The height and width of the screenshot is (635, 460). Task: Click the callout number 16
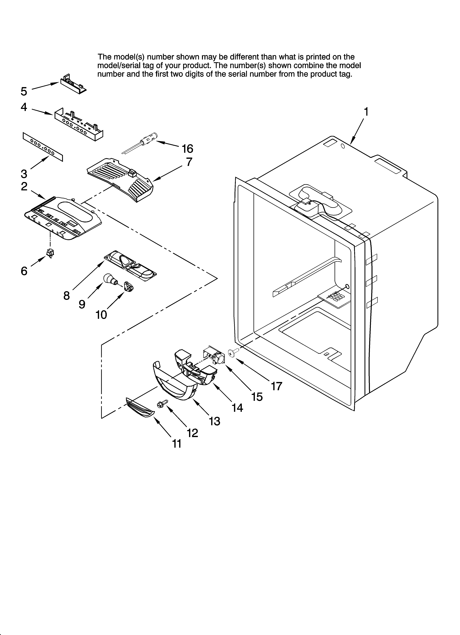[x=187, y=149]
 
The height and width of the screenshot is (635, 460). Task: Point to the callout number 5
[x=24, y=91]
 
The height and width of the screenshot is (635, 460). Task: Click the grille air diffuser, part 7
[x=120, y=179]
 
